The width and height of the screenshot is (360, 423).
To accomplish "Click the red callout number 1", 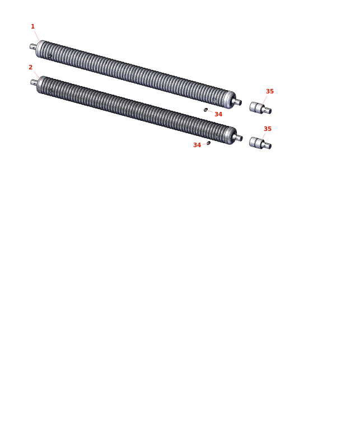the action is click(33, 26).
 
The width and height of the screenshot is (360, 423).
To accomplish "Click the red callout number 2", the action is click(30, 67).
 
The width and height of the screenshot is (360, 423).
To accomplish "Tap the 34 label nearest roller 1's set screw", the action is click(218, 114).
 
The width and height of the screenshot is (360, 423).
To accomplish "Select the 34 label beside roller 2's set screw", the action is click(197, 145).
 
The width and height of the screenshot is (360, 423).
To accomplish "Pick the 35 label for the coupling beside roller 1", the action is click(270, 91).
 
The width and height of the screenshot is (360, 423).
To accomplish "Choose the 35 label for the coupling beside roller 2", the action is click(268, 129).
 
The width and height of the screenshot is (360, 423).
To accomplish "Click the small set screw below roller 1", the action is click(205, 110).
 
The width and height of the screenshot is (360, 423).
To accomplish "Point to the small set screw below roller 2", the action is click(208, 143).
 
